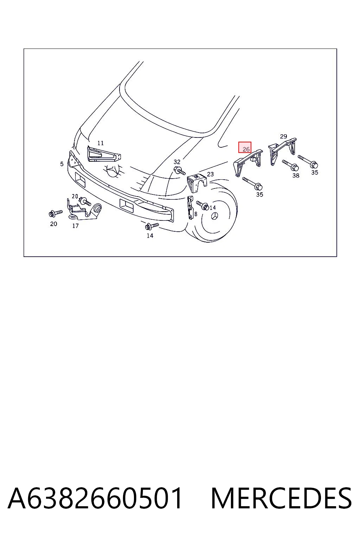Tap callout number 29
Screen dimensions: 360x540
[x=283, y=136]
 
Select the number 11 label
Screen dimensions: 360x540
[x=101, y=143]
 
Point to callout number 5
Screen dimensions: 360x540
[x=62, y=164]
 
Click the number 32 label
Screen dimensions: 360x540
[x=177, y=162]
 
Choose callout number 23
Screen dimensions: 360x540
[x=210, y=174]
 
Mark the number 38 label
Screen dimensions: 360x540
[x=296, y=175]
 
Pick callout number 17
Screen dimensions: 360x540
[x=76, y=226]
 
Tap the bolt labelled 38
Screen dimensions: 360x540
[x=290, y=165]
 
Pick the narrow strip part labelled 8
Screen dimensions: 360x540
[x=190, y=208]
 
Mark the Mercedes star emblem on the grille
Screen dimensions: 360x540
[x=113, y=171]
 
